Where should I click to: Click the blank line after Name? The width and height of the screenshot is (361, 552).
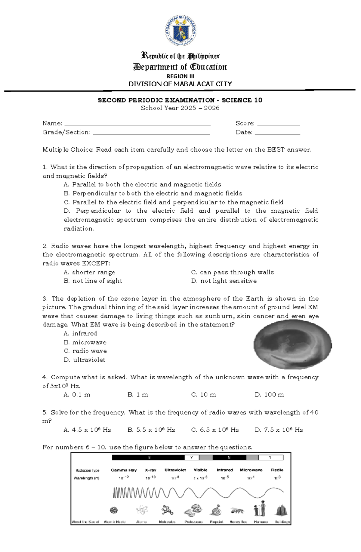(x=137, y=125)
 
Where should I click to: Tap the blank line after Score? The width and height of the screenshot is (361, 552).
(x=279, y=125)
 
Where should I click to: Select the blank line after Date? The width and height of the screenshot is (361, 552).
(x=277, y=134)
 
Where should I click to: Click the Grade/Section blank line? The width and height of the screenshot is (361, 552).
(x=151, y=134)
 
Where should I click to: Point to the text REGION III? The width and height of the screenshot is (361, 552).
(x=180, y=76)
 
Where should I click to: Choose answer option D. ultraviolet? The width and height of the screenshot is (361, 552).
(x=85, y=360)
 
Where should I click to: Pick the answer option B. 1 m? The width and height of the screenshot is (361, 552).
(x=138, y=395)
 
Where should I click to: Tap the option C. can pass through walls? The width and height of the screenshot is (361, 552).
(x=233, y=273)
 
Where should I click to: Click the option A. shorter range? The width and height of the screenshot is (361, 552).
(x=90, y=273)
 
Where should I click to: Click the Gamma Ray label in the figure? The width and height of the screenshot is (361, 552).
(x=124, y=470)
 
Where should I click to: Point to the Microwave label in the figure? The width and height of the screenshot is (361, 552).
(x=251, y=470)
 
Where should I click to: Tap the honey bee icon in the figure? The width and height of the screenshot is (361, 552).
(x=237, y=510)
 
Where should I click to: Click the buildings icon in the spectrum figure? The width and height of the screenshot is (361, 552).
(x=281, y=510)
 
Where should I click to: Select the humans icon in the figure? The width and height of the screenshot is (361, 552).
(x=260, y=509)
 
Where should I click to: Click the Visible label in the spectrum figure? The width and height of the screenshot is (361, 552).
(x=200, y=470)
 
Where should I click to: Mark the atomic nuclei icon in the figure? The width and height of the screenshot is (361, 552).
(x=114, y=510)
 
